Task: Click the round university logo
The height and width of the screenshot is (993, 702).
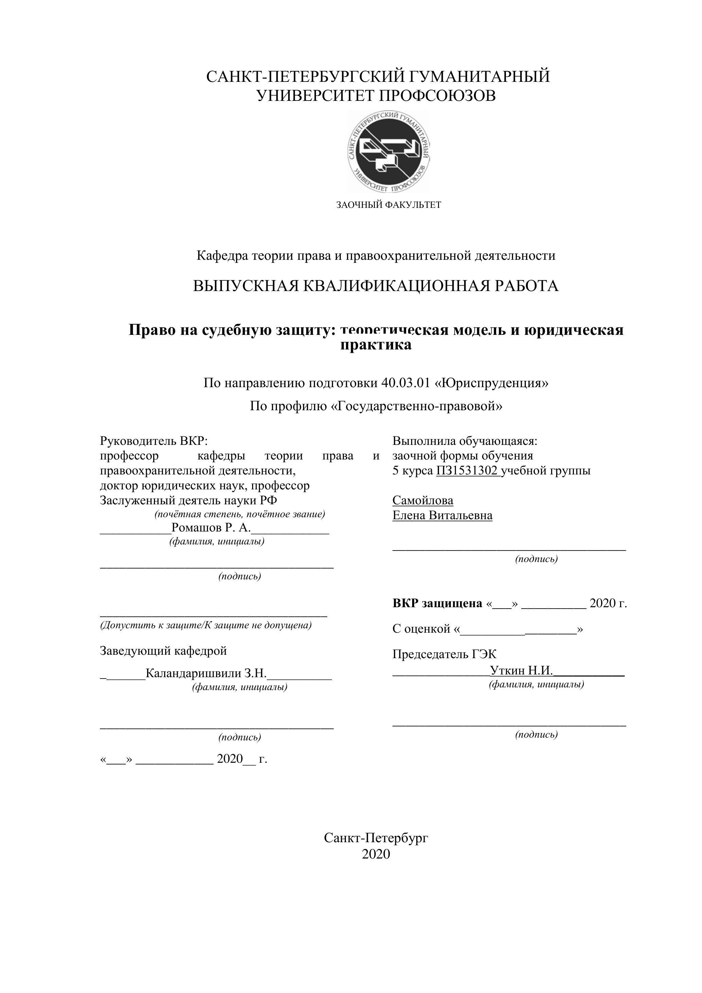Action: (x=389, y=151)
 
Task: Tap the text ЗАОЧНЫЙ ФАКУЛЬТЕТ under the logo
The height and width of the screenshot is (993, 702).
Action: (x=389, y=205)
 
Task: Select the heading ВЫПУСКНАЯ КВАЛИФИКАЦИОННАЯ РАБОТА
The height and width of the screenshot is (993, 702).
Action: (x=376, y=286)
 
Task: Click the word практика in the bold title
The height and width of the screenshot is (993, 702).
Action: (x=376, y=345)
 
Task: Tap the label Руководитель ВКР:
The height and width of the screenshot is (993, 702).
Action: (x=154, y=441)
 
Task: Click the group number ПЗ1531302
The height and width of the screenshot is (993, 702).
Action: (x=467, y=471)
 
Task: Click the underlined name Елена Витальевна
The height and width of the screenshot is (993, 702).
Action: (x=442, y=516)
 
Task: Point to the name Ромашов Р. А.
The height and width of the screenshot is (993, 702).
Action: (x=211, y=528)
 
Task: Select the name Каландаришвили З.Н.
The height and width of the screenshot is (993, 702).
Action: (x=206, y=673)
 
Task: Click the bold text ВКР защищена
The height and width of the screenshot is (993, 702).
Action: (x=437, y=603)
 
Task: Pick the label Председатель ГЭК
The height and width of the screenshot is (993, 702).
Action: (x=444, y=654)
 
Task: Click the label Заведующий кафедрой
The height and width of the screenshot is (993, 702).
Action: (x=163, y=650)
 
